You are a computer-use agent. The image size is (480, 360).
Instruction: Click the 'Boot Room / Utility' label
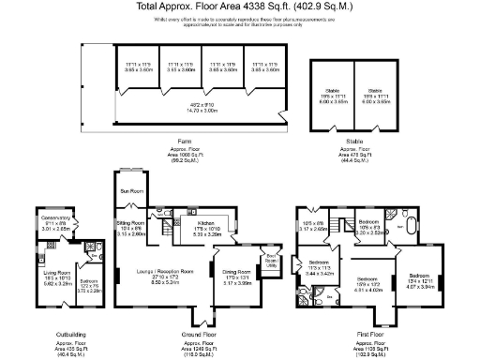point(271,261)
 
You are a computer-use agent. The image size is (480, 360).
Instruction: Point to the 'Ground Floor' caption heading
point(200,333)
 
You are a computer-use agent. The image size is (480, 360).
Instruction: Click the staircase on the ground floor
point(168,226)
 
